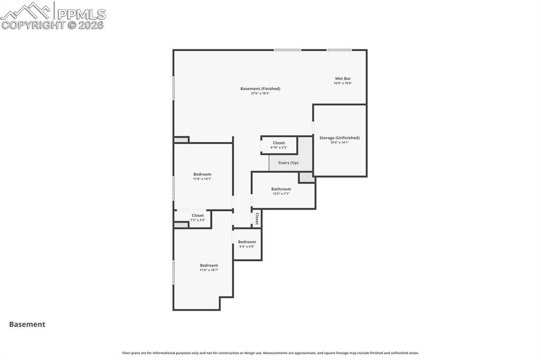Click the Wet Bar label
[x=342, y=79]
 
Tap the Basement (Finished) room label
[x=260, y=89]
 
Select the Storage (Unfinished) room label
[x=339, y=138]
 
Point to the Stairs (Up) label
[x=288, y=163]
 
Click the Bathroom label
[x=281, y=189]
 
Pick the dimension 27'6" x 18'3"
[x=260, y=93]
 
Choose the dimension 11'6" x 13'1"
[x=202, y=179]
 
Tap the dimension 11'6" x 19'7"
[x=209, y=270]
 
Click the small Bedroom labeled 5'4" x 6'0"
[x=247, y=242]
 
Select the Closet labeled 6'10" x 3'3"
[x=278, y=143]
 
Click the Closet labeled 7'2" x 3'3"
[x=198, y=215]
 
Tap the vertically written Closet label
[x=257, y=219]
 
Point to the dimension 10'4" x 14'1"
[x=339, y=143]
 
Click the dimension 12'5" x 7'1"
[x=281, y=194]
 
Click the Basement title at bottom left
[x=27, y=325]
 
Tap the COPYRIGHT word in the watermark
[x=33, y=25]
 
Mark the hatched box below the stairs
[x=306, y=178]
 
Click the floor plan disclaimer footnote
[x=270, y=353]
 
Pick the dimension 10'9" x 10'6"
[x=342, y=83]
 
